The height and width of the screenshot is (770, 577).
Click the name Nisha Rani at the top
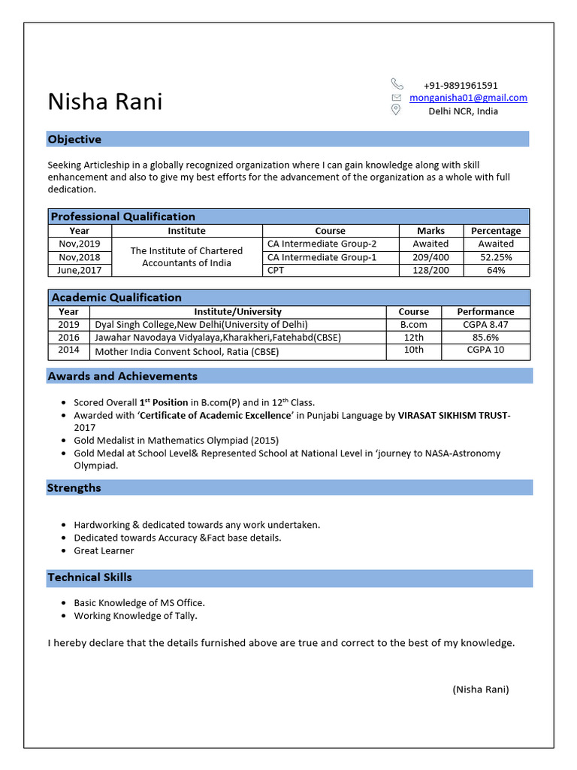pyautogui.click(x=105, y=102)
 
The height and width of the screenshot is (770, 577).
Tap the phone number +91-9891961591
pyautogui.click(x=461, y=86)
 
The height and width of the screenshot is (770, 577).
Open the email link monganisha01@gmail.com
pyautogui.click(x=468, y=98)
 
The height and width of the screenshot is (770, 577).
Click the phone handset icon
pyautogui.click(x=397, y=84)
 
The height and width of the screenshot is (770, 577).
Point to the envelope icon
pyautogui.click(x=397, y=98)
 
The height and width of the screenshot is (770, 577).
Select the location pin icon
pyautogui.click(x=396, y=111)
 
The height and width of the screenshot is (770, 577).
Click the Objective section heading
pyautogui.click(x=74, y=139)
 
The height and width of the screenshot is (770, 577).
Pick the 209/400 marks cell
pyautogui.click(x=430, y=257)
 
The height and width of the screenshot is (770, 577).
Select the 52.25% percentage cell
pyautogui.click(x=496, y=257)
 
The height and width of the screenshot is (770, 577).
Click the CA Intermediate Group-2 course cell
pyautogui.click(x=322, y=244)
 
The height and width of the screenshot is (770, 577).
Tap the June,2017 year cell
pyautogui.click(x=79, y=270)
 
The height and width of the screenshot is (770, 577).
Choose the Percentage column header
pyautogui.click(x=496, y=231)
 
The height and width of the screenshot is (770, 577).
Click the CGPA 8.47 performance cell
pyautogui.click(x=486, y=324)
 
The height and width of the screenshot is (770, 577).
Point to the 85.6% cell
pyautogui.click(x=486, y=338)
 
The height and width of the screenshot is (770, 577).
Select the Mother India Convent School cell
pyautogui.click(x=186, y=351)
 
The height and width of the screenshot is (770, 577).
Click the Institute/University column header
pyautogui.click(x=237, y=311)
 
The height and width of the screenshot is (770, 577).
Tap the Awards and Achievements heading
pyautogui.click(x=122, y=376)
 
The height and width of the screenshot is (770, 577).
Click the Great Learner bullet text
pyautogui.click(x=104, y=550)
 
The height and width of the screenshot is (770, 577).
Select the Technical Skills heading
pyautogui.click(x=89, y=577)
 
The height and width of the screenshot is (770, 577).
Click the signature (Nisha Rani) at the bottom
pyautogui.click(x=481, y=689)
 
